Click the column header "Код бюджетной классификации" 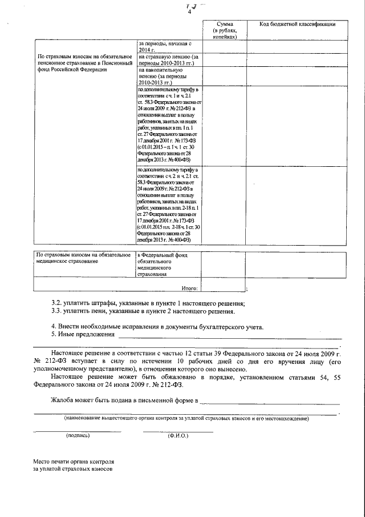[297, 24]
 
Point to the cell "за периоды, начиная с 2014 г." [168, 47]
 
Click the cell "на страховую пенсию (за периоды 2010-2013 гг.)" [168, 61]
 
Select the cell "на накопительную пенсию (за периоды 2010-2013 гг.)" [168, 76]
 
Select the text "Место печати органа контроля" [74, 462]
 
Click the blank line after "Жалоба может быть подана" [271, 402]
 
